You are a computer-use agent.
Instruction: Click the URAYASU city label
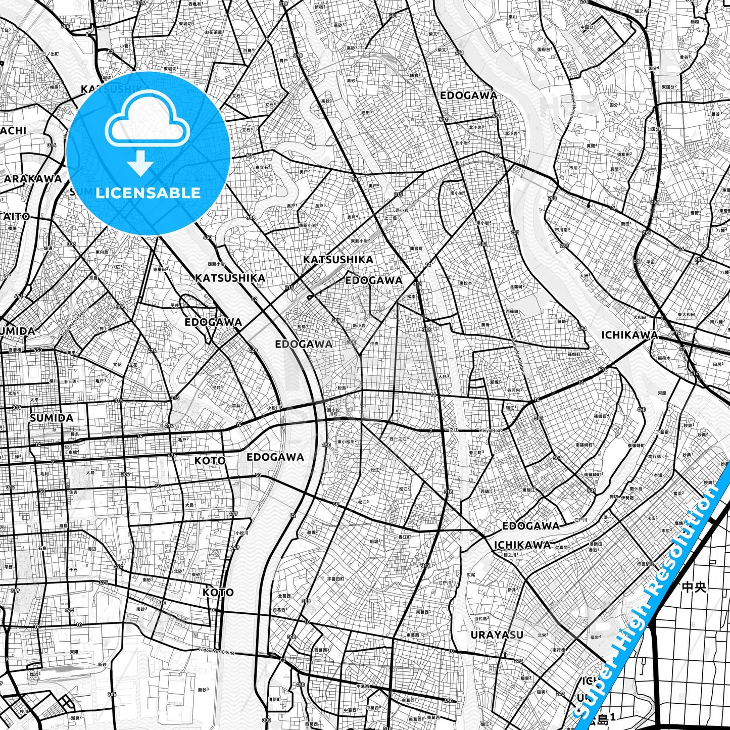(497, 635)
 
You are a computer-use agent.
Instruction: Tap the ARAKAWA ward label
(32, 178)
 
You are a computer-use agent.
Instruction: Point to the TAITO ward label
(15, 216)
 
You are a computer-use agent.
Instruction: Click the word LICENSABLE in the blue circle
(148, 192)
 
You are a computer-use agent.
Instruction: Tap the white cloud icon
(148, 122)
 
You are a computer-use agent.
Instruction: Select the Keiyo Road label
(491, 430)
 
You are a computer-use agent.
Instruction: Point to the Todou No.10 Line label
(217, 652)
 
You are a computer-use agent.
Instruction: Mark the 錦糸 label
(74, 433)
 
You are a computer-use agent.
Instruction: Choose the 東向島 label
(102, 252)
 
